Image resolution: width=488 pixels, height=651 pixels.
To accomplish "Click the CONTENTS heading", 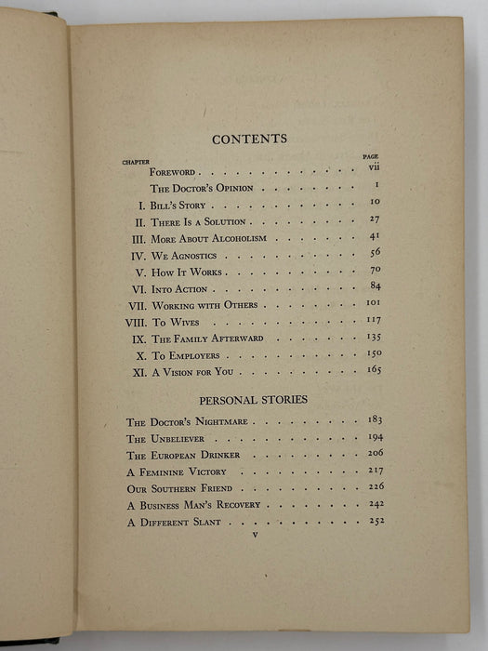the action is tap(250, 139).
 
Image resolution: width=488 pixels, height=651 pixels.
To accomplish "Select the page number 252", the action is tap(376, 520).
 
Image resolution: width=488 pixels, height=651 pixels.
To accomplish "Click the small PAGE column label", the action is tap(370, 157).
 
